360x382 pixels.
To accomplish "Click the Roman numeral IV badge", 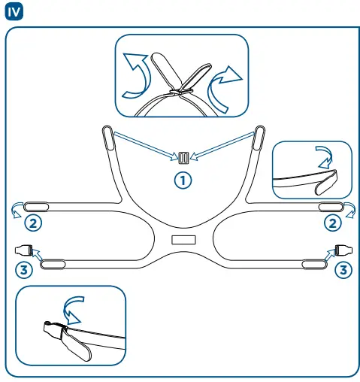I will [x=13, y=12].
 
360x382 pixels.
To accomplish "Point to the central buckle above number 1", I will [x=184, y=158].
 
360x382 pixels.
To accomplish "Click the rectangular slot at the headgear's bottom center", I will [x=183, y=239].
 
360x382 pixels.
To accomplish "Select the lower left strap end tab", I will [x=53, y=263].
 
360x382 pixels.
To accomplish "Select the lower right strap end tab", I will [x=313, y=263].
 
